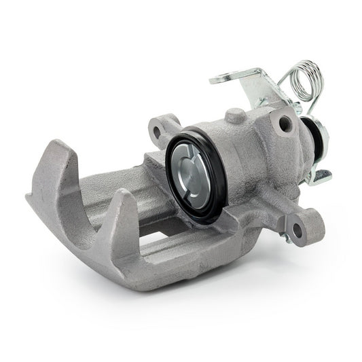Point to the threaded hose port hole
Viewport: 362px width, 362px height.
coord(285,124)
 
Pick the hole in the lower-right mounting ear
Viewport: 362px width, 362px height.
coord(296,228)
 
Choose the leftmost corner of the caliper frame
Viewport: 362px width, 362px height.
coord(29,197)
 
